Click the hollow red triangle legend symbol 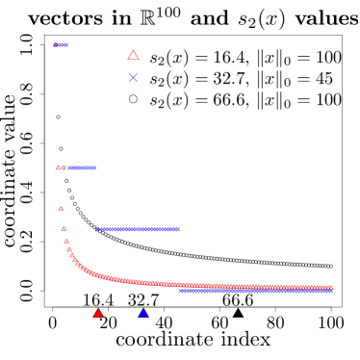133,56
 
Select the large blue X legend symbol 133,78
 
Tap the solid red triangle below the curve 98,313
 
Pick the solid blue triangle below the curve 143,313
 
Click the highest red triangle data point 56,44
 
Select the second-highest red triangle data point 59,167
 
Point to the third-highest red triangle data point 61,208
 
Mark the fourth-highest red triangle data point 64,229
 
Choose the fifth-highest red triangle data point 66,241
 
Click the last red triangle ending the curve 330,287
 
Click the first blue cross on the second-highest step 69,167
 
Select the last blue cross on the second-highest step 94,167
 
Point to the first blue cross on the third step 97,229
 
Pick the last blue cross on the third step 178,229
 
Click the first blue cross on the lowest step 181,291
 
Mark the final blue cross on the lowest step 330,291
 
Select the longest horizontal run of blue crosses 255,291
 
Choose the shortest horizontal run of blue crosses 63,44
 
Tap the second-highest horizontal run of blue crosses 82,167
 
